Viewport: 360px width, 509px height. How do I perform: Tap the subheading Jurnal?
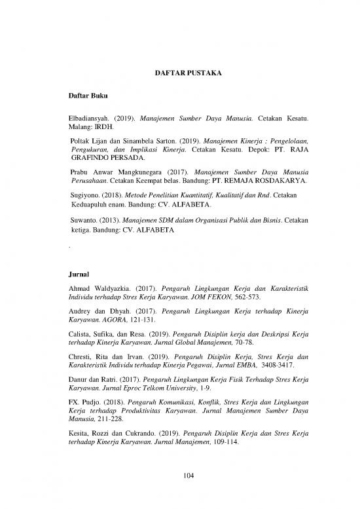point(78,271)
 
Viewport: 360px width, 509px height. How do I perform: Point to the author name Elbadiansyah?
point(90,121)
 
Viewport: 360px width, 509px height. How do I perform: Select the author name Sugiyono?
point(85,195)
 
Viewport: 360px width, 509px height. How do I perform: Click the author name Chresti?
point(82,366)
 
